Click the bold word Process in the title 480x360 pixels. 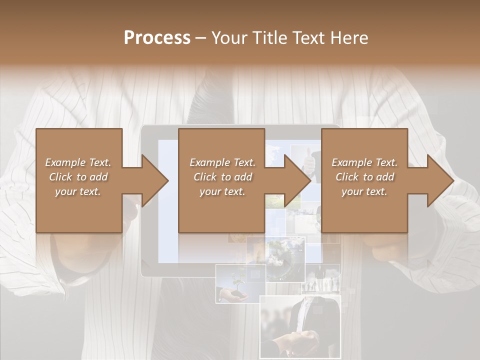tap(157, 38)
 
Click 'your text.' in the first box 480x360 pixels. tap(78, 191)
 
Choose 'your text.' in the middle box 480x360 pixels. tap(222, 191)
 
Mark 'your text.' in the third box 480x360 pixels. tap(364, 191)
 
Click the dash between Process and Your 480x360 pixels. tap(200, 38)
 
